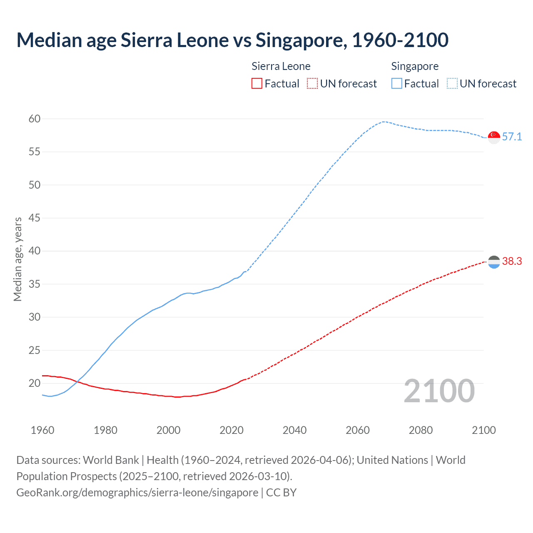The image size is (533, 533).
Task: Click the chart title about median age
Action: (232, 40)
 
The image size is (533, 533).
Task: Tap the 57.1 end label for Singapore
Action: (512, 137)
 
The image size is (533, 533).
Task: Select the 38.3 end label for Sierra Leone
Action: (512, 261)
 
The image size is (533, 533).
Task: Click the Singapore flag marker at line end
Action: (494, 137)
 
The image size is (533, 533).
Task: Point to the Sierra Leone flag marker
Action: (494, 262)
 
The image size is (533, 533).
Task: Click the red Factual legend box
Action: (257, 83)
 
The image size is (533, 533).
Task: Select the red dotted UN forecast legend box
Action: (312, 83)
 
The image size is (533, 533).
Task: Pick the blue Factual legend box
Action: (397, 83)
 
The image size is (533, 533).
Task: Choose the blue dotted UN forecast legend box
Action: (452, 83)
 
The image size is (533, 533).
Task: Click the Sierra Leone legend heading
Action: (281, 66)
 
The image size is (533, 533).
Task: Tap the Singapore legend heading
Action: (415, 66)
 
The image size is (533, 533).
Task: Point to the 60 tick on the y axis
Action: (35, 119)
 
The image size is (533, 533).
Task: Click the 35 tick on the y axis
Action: (35, 284)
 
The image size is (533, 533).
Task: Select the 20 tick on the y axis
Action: (35, 383)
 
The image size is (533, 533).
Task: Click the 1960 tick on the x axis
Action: (42, 430)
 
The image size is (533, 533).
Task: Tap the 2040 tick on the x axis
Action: (294, 430)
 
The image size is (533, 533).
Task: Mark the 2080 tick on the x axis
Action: (421, 430)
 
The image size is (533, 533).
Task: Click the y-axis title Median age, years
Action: (17, 259)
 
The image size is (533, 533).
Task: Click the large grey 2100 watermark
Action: (439, 391)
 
